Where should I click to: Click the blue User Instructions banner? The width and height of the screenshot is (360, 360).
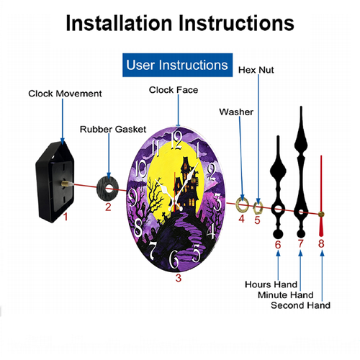177,65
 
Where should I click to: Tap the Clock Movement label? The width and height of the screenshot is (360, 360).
65,94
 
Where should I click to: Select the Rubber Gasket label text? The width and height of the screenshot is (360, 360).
113,130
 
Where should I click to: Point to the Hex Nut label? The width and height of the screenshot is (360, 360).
256,70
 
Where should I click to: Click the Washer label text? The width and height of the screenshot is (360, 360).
236,112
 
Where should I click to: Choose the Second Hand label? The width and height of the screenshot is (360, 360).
300,305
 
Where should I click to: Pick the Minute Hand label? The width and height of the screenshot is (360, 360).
286,294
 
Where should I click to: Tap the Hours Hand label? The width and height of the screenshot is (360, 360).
271,284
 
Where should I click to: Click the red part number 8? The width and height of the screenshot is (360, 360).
321,243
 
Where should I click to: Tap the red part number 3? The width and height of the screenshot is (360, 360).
179,278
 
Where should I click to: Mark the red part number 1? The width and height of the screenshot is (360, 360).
66,217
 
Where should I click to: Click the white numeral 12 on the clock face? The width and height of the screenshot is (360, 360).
177,140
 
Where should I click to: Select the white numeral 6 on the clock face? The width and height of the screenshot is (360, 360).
174,259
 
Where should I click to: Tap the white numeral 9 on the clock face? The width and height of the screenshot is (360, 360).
132,197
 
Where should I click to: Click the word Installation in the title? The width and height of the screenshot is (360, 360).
119,23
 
